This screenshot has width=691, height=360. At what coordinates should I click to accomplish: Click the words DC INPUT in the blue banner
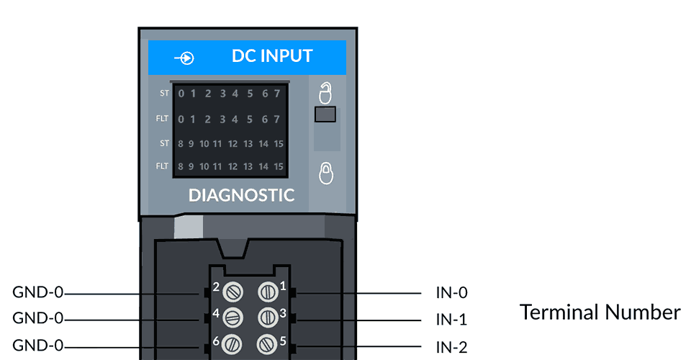[x=272, y=56]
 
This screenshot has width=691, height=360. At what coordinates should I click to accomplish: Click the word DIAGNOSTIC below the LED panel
[x=241, y=195]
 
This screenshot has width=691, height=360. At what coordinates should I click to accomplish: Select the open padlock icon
[x=326, y=93]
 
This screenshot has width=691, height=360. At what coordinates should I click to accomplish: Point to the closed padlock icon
[x=326, y=173]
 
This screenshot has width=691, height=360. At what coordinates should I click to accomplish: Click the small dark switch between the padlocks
[x=326, y=114]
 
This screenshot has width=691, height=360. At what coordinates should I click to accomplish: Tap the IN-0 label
[x=451, y=293]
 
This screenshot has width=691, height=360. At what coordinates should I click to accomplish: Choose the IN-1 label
[x=451, y=319]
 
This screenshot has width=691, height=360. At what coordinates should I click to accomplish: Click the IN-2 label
[x=451, y=348]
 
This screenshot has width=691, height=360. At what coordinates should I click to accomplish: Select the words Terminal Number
[x=600, y=312]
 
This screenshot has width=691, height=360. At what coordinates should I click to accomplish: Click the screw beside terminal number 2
[x=232, y=292]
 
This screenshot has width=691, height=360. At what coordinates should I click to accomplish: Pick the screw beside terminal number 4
[x=232, y=317]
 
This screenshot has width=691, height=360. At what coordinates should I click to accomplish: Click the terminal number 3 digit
[x=283, y=312]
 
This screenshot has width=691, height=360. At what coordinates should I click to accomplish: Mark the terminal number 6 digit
[x=215, y=339]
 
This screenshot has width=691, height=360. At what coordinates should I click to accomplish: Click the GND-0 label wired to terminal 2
[x=38, y=293]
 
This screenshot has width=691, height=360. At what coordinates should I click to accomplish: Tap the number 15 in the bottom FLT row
[x=278, y=167]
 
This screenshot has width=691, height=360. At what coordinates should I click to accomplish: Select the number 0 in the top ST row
[x=181, y=94]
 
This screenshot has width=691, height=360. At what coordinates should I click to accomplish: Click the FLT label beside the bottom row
[x=162, y=166]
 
